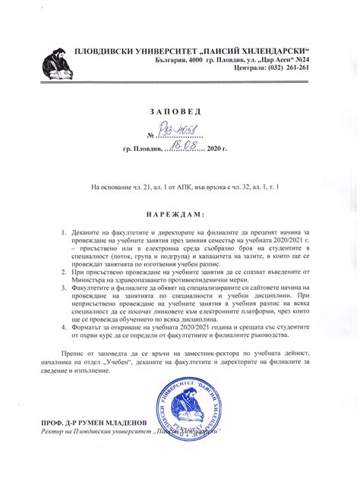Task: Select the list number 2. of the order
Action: tap(65, 272)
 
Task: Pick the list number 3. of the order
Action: tap(65, 289)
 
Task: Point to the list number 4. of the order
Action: tap(65, 324)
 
